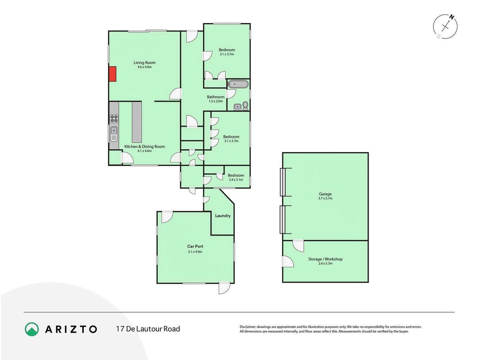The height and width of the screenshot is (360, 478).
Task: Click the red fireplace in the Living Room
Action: pyautogui.click(x=112, y=74)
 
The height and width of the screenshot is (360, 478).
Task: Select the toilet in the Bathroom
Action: pyautogui.click(x=245, y=106)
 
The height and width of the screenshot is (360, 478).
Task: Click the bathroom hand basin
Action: pyautogui.click(x=237, y=107)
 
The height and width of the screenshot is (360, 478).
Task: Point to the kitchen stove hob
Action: pyautogui.click(x=114, y=118)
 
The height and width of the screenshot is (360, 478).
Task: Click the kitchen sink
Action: pyautogui.click(x=114, y=134)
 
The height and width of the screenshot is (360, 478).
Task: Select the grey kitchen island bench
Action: pyautogui.click(x=137, y=122)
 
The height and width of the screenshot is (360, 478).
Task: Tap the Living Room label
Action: pyautogui.click(x=144, y=63)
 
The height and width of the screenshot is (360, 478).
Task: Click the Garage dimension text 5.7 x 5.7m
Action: pyautogui.click(x=325, y=198)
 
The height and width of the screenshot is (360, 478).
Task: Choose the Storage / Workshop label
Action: pyautogui.click(x=325, y=259)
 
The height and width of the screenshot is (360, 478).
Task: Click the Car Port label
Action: pyautogui.click(x=195, y=246)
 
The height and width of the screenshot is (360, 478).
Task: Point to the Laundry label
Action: pyautogui.click(x=223, y=216)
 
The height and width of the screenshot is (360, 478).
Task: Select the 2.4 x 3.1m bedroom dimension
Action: pyautogui.click(x=236, y=180)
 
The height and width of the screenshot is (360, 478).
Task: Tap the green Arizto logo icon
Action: pyautogui.click(x=32, y=329)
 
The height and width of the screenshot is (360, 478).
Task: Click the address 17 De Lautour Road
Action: pyautogui.click(x=148, y=329)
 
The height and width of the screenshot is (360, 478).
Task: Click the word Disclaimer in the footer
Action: pyautogui.click(x=247, y=327)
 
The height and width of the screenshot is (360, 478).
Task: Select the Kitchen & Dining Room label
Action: pyautogui.click(x=144, y=146)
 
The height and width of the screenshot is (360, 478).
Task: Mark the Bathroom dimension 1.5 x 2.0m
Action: pyautogui.click(x=215, y=101)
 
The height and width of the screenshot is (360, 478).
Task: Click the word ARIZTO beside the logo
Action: pyautogui.click(x=71, y=329)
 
